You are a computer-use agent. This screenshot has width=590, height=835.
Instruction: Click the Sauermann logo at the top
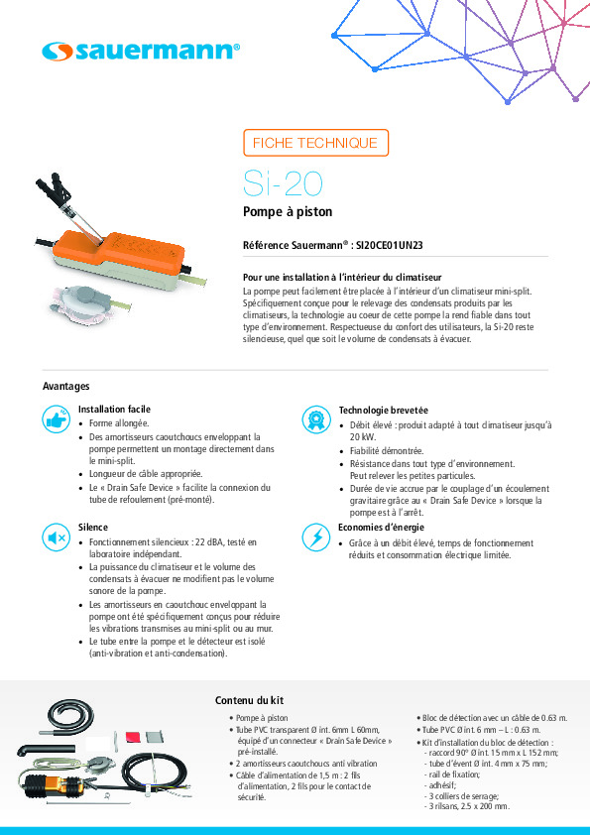pyautogui.click(x=141, y=52)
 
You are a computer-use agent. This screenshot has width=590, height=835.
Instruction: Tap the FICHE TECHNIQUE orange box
pyautogui.click(x=315, y=143)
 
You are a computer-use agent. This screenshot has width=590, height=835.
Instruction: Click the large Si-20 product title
pyautogui.click(x=283, y=183)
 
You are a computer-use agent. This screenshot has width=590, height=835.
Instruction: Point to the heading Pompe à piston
pyautogui.click(x=288, y=212)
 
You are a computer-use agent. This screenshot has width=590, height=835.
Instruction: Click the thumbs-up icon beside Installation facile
pyautogui.click(x=57, y=419)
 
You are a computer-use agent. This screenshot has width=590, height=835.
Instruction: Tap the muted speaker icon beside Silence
pyautogui.click(x=57, y=537)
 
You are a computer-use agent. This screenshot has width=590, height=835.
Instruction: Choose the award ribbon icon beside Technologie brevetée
pyautogui.click(x=316, y=419)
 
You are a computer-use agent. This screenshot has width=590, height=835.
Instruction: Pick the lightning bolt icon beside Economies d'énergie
pyautogui.click(x=316, y=537)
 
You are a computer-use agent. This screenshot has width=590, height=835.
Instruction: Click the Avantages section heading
pyautogui.click(x=66, y=386)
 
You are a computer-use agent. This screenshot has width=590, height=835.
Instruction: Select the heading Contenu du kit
pyautogui.click(x=249, y=700)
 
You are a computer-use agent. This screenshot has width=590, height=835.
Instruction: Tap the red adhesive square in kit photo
pyautogui.click(x=133, y=737)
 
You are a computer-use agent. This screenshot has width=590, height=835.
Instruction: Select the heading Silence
pyautogui.click(x=92, y=528)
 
